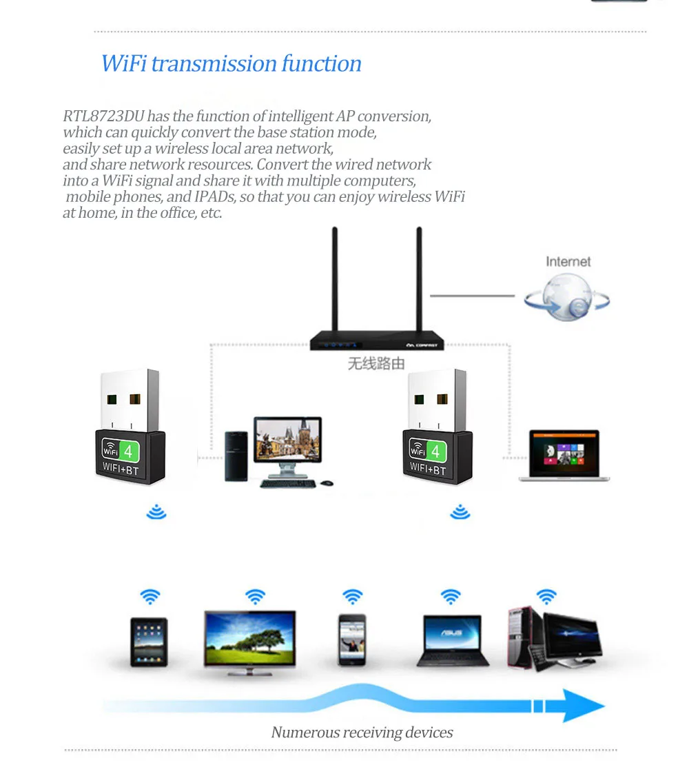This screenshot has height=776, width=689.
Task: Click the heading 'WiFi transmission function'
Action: pyautogui.click(x=231, y=63)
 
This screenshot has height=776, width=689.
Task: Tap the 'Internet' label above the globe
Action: pyautogui.click(x=568, y=261)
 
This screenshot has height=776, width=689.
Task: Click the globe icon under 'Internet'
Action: pyautogui.click(x=566, y=298)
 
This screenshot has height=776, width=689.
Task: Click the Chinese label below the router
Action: pyautogui.click(x=376, y=363)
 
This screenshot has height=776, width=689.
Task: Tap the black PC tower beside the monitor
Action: pyautogui.click(x=236, y=457)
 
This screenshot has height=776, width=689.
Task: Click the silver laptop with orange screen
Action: pyautogui.click(x=564, y=454)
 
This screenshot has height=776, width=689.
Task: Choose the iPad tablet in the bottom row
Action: pyautogui.click(x=149, y=642)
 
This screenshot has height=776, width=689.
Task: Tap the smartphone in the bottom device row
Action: pyautogui.click(x=351, y=640)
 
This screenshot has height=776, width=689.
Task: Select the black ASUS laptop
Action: pyautogui.click(x=453, y=640)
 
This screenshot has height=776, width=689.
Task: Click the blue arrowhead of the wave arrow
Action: pyautogui.click(x=582, y=705)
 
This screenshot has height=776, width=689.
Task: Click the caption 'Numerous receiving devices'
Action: pyautogui.click(x=362, y=732)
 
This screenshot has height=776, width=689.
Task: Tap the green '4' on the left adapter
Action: pyautogui.click(x=128, y=451)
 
